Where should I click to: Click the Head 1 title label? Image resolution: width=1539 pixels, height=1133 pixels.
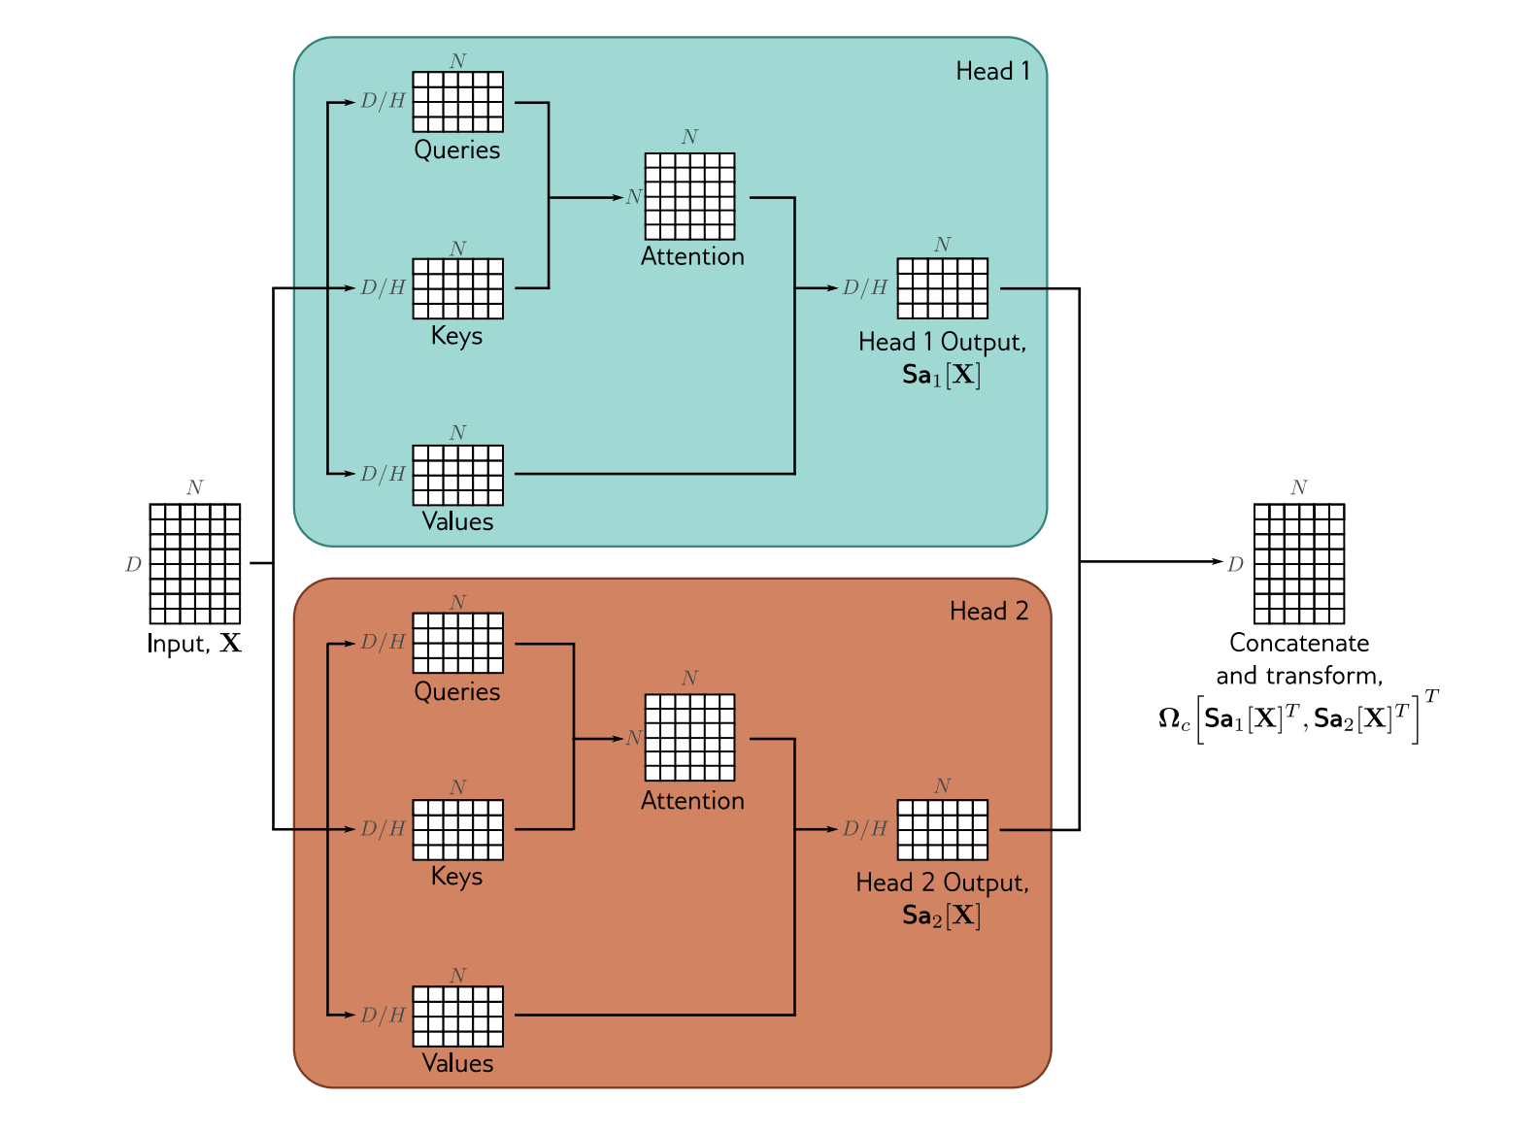992,71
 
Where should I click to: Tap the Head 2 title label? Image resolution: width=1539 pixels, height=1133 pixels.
989,611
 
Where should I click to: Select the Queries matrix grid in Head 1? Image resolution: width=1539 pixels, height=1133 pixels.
457,102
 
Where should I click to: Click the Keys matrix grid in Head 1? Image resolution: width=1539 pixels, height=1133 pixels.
457,288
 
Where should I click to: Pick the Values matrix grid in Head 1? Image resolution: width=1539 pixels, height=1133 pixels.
457,476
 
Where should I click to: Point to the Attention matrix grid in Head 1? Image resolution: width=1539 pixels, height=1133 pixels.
689,196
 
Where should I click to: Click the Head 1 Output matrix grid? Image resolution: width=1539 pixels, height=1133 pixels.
943,288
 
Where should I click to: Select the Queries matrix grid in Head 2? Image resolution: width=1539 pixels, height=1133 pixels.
457,643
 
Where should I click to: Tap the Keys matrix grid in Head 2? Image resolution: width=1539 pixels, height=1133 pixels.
457,830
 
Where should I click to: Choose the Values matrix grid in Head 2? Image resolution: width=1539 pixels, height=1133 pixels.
457,1016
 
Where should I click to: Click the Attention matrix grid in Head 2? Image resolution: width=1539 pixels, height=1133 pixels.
689,738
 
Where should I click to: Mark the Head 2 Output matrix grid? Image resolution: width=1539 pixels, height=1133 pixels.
943,830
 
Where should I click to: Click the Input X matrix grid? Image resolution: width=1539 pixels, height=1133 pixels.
195,564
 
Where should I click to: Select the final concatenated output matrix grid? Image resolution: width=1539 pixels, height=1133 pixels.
1299,564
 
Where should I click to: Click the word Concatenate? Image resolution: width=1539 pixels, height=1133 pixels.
1299,643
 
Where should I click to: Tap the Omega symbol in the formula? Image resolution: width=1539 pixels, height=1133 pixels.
1169,718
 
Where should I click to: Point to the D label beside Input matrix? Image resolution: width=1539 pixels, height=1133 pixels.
133,565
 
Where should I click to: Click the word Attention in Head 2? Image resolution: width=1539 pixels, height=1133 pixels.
692,801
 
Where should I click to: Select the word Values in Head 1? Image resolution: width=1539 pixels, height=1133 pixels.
457,521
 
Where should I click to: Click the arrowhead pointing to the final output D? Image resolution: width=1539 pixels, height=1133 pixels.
1218,562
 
